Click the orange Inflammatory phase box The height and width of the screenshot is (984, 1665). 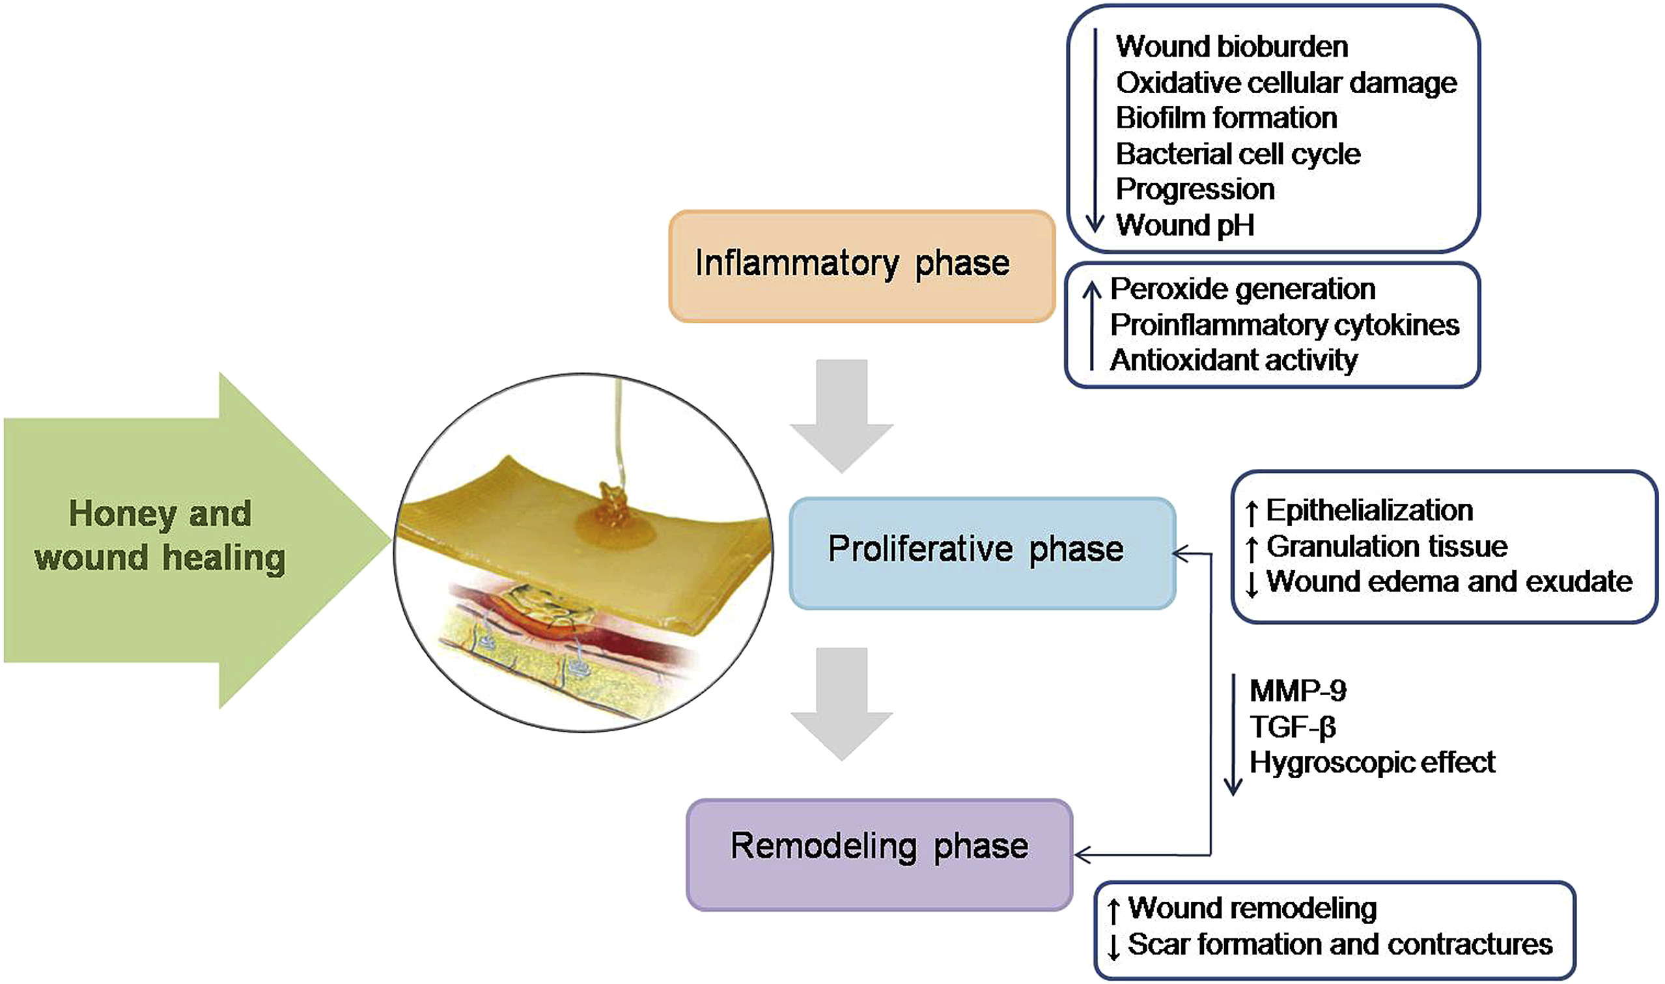point(861,266)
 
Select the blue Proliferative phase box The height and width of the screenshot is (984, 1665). point(983,553)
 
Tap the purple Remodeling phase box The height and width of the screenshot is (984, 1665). point(880,854)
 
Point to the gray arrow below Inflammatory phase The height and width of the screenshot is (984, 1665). point(842,415)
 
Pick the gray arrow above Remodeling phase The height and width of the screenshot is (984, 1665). point(842,703)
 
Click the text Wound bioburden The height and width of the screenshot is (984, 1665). point(1232,46)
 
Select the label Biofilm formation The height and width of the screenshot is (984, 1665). point(1227,118)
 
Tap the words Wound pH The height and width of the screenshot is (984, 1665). point(1185,225)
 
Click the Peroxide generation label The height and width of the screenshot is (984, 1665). point(1243,288)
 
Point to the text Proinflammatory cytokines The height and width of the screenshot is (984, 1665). point(1285,325)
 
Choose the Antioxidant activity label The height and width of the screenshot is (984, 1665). point(1233,360)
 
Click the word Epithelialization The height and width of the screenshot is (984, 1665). point(1369,511)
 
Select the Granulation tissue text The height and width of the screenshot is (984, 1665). point(1386,546)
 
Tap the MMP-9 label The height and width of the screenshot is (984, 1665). point(1298,691)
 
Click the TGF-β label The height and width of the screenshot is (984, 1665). point(1293,727)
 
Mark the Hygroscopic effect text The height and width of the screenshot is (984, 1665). point(1372,763)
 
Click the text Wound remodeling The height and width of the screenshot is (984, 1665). point(1252,908)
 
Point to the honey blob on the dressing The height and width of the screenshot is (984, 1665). point(615,517)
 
